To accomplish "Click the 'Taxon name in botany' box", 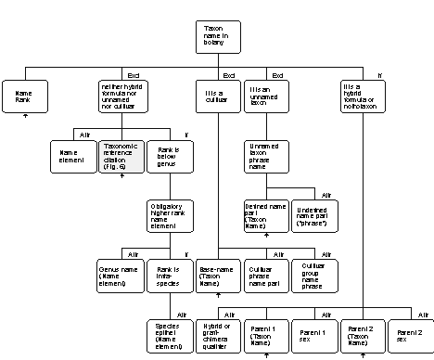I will point(220,37).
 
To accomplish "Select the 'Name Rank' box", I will point(25,95).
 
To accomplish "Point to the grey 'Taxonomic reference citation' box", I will point(121,155).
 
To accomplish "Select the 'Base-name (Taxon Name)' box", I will point(218,276).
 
